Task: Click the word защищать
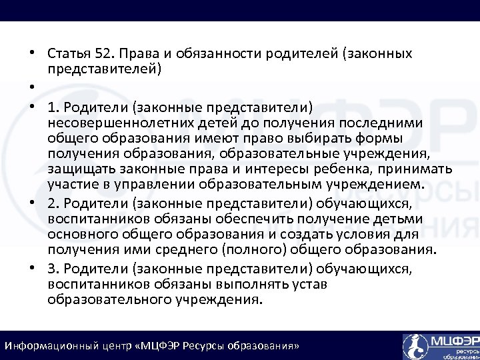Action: tap(75, 167)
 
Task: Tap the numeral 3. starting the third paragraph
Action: tap(53, 269)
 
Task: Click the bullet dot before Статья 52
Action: tap(31, 53)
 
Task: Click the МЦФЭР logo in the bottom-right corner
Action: tap(441, 345)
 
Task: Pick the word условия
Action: tap(334, 235)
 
